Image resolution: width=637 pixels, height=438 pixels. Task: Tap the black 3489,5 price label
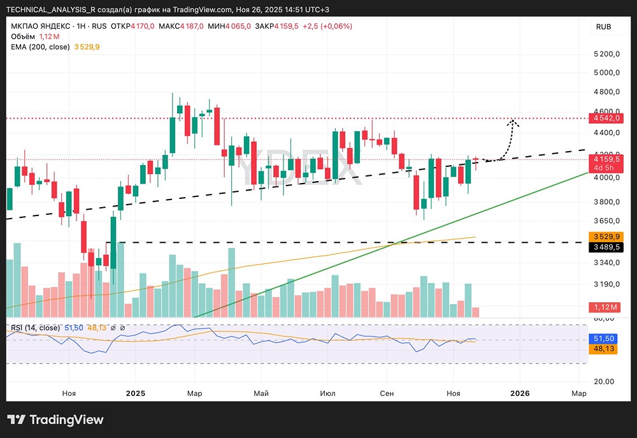(605, 247)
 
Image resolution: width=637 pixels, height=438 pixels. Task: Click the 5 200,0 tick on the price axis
(607, 54)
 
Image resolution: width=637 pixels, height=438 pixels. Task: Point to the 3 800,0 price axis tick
(607, 201)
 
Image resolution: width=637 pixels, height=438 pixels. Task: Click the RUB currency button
(603, 27)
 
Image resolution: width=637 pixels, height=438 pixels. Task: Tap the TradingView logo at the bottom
(55, 420)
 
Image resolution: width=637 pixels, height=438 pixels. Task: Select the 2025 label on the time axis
(135, 393)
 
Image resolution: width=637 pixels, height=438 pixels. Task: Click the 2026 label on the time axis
(520, 393)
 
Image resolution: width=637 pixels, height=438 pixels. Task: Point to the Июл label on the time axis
(327, 393)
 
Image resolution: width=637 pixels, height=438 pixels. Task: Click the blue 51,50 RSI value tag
(603, 339)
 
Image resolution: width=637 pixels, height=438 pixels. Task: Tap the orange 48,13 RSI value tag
(603, 349)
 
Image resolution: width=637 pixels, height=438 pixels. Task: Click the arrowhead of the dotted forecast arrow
(513, 122)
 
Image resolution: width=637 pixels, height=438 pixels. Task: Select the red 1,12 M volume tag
(605, 307)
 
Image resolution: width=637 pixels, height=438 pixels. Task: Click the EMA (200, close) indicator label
(40, 47)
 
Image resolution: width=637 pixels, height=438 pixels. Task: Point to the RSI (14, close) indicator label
(35, 328)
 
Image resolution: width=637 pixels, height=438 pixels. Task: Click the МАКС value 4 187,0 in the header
(192, 26)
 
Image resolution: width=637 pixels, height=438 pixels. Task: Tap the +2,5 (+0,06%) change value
(327, 26)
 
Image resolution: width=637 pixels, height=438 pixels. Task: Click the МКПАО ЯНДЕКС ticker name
(40, 26)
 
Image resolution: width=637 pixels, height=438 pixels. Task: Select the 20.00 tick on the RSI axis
(604, 381)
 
